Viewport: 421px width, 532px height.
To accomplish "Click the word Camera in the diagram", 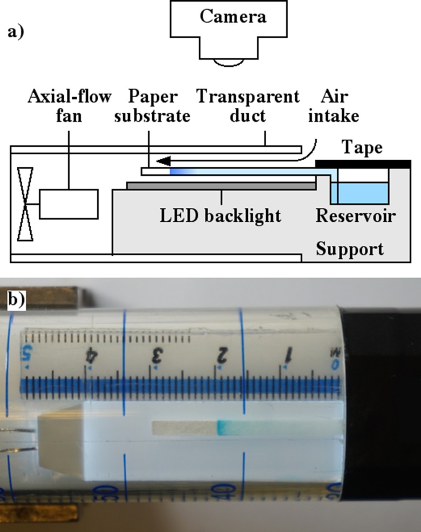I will coord(233,16).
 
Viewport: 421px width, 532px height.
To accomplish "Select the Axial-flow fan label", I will coord(69,106).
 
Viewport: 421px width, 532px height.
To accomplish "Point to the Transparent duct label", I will coord(248,106).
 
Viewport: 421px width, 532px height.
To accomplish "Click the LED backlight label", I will coord(220,216).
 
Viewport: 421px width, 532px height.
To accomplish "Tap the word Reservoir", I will coord(355,216).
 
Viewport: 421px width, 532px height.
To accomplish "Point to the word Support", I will coord(350,249).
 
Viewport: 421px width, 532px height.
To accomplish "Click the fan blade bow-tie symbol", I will coord(25,204).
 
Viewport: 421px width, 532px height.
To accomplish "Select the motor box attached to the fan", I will coord(69,204).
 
